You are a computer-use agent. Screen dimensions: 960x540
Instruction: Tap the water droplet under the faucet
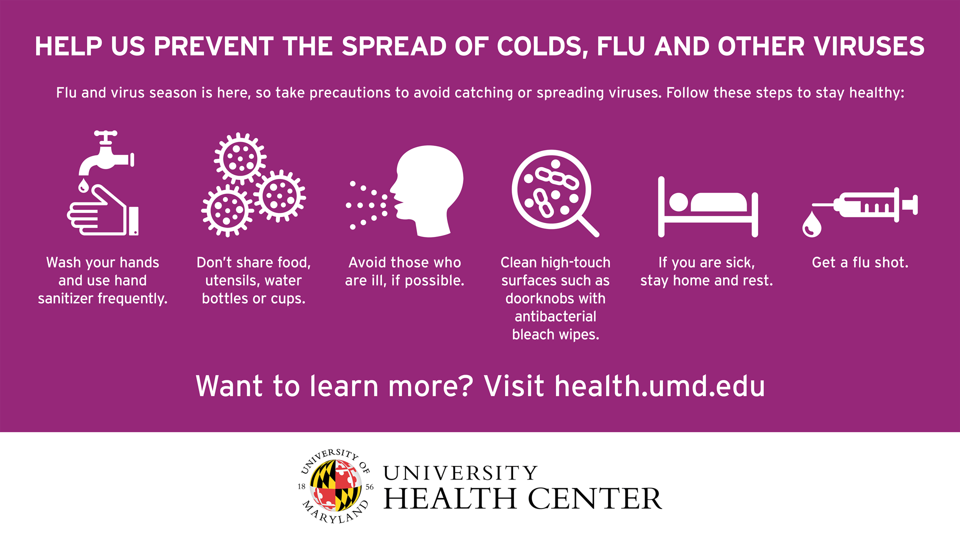83,186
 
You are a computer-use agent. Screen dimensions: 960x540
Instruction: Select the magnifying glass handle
588,226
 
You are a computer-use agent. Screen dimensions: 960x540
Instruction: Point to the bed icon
708,206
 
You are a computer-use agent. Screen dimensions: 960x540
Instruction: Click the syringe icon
865,205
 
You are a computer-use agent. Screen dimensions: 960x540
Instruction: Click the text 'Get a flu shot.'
860,262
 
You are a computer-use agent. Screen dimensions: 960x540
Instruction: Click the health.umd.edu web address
660,386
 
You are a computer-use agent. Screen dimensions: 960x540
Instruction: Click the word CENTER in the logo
595,498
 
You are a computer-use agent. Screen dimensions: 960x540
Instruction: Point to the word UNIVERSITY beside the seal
460,473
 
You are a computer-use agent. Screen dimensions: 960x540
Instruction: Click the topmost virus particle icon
240,158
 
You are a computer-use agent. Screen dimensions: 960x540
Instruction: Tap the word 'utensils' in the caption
232,280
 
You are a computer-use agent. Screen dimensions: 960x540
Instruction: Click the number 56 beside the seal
369,486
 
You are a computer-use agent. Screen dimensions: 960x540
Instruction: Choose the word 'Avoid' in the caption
367,262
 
